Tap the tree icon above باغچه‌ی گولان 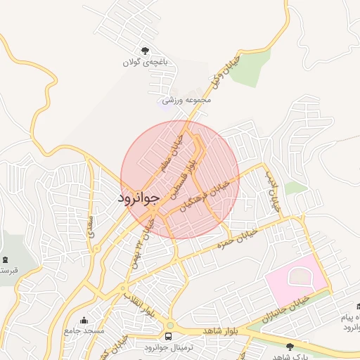pyautogui.click(x=145, y=51)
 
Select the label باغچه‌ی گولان pyautogui.click(x=146, y=63)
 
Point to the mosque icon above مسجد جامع pyautogui.click(x=84, y=320)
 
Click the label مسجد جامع pyautogui.click(x=84, y=330)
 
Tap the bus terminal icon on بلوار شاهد pyautogui.click(x=169, y=335)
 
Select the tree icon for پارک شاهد pyautogui.click(x=291, y=346)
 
